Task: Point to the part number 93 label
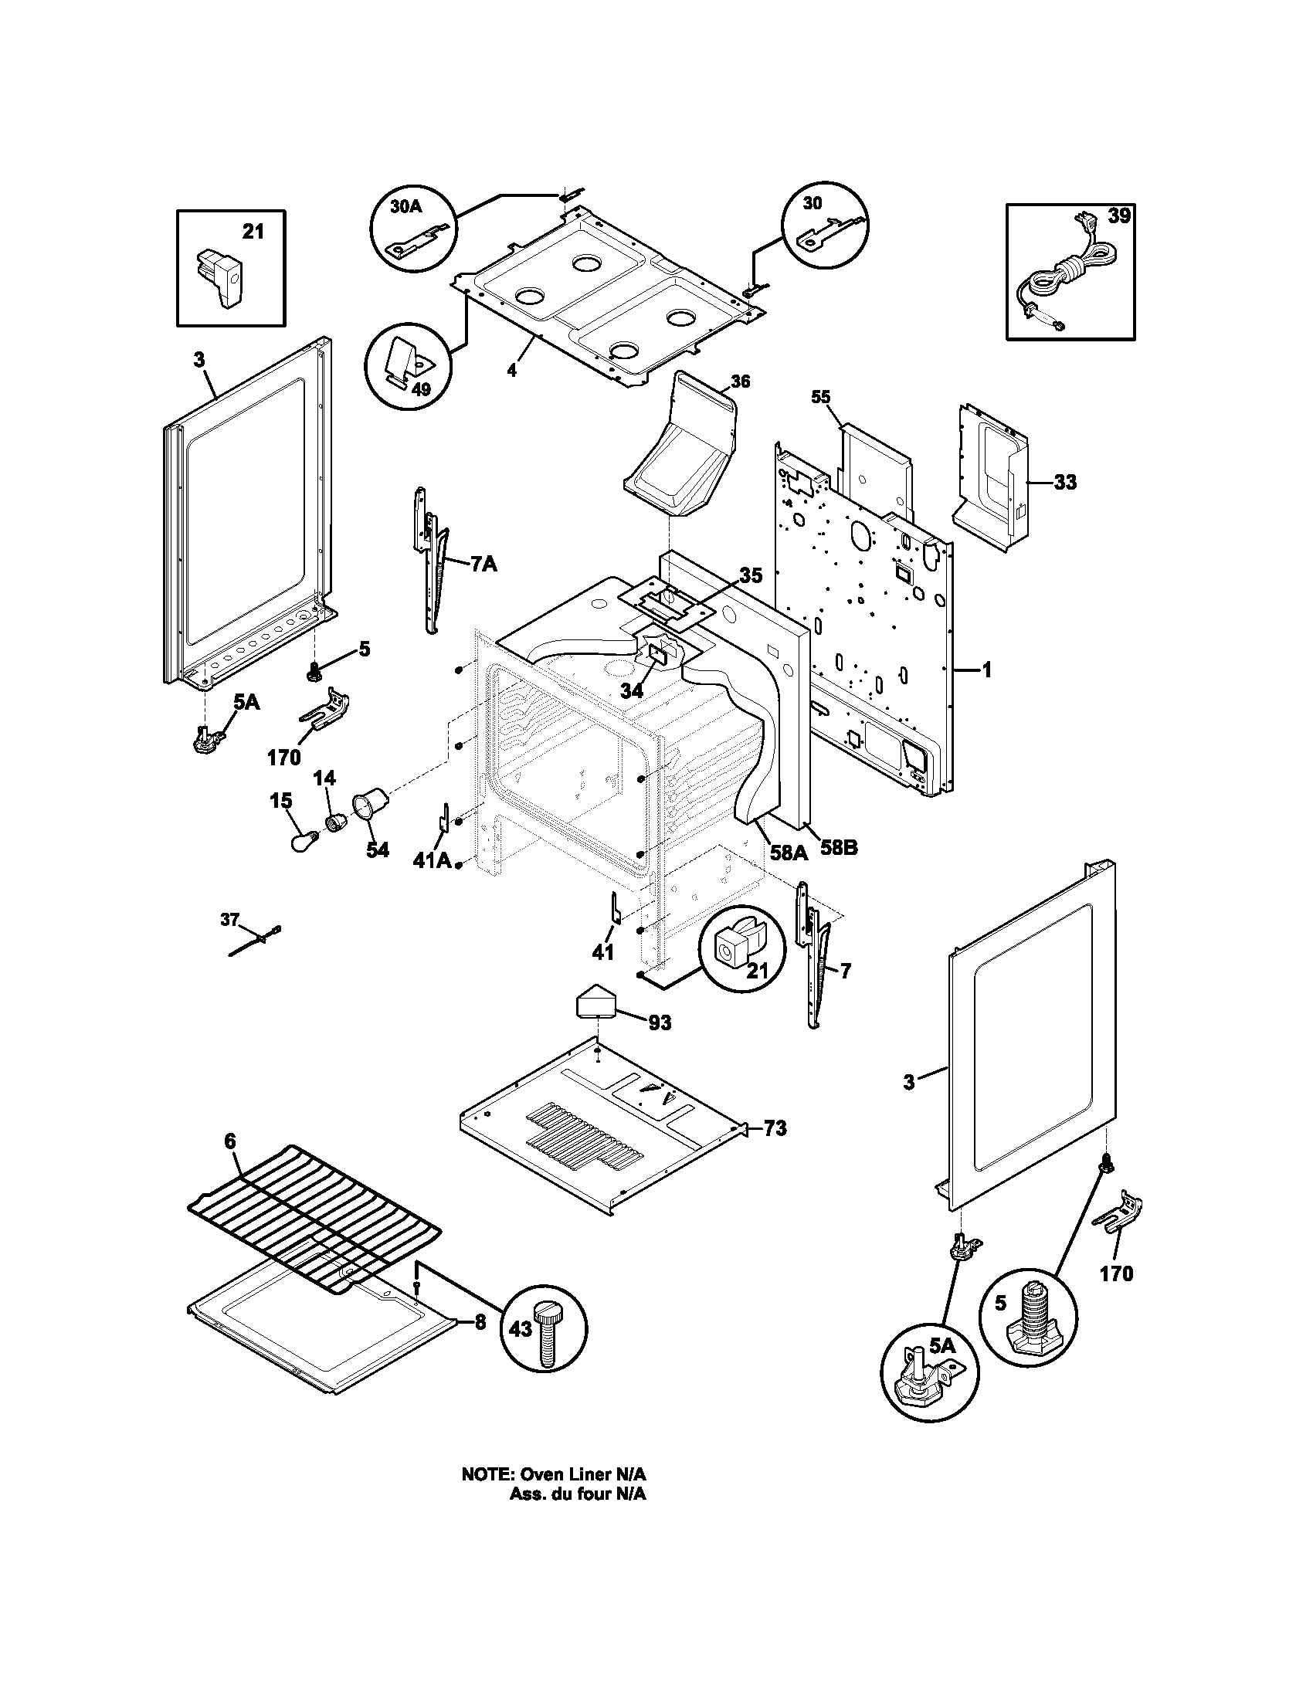pyautogui.click(x=659, y=1023)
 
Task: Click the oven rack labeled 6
pyautogui.click(x=315, y=1220)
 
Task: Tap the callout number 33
pyautogui.click(x=1065, y=483)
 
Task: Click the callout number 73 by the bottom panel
pyautogui.click(x=775, y=1128)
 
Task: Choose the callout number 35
pyautogui.click(x=751, y=575)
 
